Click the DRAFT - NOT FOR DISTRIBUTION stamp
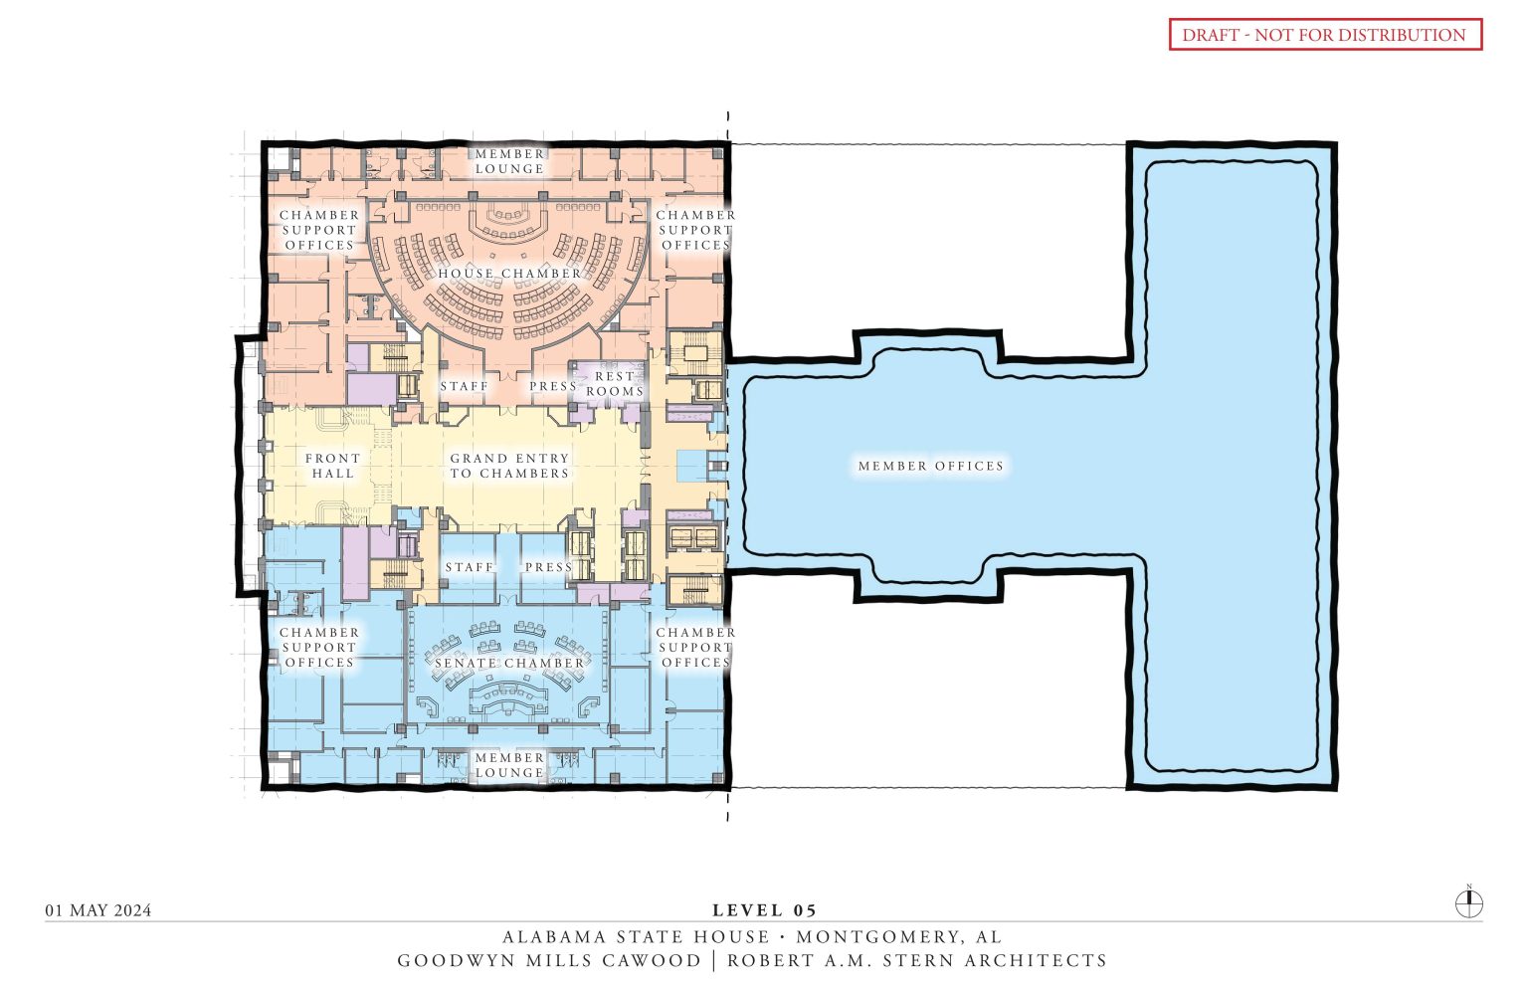1324,35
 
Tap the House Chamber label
509,274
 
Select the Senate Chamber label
509,664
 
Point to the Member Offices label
931,466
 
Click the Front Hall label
332,466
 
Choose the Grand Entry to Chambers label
509,466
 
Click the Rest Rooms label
614,384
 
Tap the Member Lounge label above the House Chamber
509,161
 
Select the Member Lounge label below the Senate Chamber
509,765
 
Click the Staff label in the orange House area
465,386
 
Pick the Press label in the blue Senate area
548,567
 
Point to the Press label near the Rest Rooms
552,386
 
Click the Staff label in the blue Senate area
469,567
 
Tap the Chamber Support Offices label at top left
319,230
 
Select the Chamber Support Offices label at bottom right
695,648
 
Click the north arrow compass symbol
1469,903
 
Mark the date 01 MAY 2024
98,910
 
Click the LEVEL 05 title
764,910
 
